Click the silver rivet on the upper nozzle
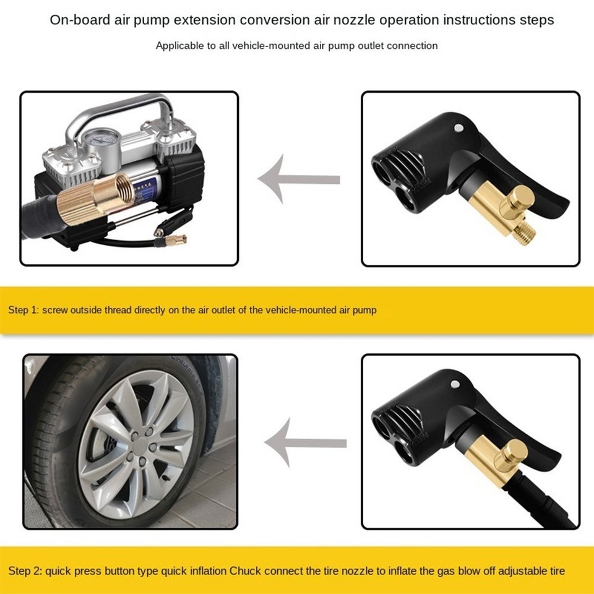458,127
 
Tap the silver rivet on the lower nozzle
456,384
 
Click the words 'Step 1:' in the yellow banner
23,309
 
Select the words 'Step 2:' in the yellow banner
23,570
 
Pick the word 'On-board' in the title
75,20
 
